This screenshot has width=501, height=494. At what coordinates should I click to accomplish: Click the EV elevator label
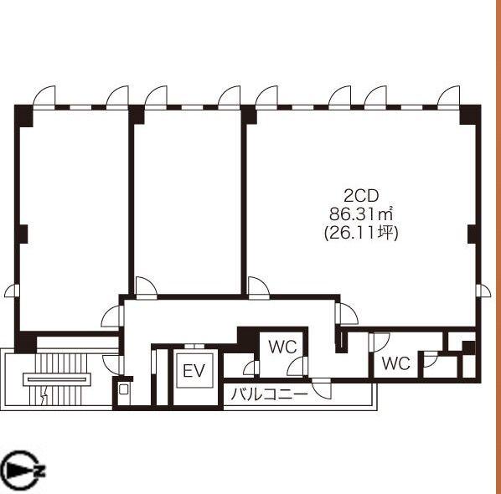tap(194, 371)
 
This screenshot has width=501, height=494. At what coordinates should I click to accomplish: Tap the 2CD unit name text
tap(361, 196)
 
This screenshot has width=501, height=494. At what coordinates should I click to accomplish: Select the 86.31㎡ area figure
tap(361, 214)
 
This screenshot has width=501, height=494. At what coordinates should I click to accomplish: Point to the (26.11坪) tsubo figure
tap(361, 233)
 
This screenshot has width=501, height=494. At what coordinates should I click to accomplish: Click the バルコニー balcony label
tap(270, 394)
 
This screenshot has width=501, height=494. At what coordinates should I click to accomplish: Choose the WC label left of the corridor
tap(282, 347)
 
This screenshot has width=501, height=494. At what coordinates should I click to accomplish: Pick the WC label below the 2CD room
tap(396, 363)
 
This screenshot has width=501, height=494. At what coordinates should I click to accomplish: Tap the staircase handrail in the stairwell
tap(57, 379)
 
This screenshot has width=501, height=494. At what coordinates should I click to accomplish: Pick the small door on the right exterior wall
tap(483, 291)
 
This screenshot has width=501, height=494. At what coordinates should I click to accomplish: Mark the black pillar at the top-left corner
tap(24, 115)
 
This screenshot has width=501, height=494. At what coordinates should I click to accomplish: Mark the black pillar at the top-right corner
tap(470, 115)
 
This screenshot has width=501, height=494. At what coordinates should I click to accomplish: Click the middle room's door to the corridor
tap(146, 288)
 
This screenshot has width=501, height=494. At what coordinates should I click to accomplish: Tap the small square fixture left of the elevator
tap(123, 389)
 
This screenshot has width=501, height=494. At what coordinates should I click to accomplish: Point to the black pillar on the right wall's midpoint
tap(473, 234)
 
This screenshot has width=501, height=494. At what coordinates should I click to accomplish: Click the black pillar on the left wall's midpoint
tap(23, 234)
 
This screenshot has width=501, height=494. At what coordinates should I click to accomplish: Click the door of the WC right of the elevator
tap(251, 368)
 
